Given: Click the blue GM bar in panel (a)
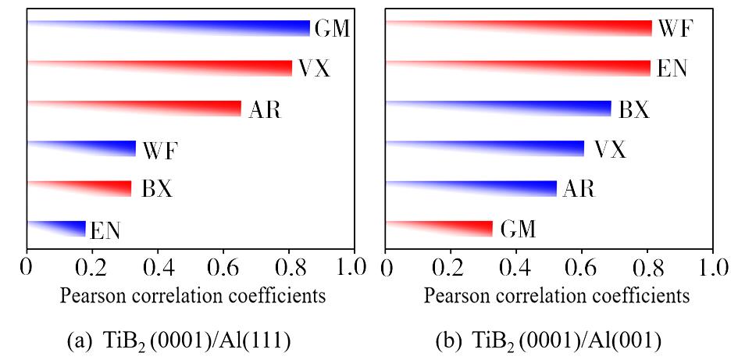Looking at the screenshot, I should (x=234, y=28).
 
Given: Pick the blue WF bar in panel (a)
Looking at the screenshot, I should (x=109, y=149).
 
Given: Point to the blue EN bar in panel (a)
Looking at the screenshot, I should (x=70, y=229).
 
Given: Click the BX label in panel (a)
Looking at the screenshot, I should (x=156, y=189).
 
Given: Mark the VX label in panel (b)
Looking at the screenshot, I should (x=610, y=149).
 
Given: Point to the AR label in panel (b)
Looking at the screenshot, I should (x=579, y=189).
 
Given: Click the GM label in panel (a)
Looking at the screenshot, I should (x=331, y=29).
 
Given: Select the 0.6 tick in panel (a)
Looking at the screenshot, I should (x=223, y=267).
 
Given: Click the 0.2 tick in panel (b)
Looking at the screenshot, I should (x=451, y=267).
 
